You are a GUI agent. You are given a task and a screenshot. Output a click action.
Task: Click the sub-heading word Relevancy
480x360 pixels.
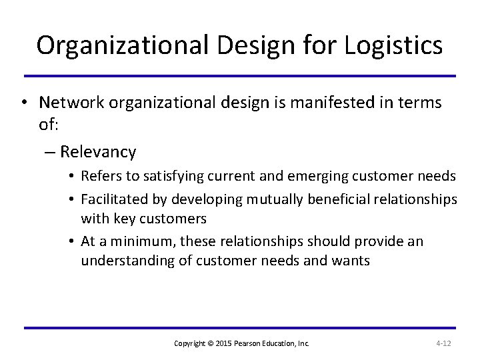(x=97, y=152)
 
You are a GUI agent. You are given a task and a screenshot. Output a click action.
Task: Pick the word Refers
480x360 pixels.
(x=99, y=176)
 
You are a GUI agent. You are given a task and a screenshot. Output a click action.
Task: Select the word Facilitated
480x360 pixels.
(x=111, y=199)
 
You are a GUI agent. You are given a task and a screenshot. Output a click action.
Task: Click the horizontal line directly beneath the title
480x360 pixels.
(x=240, y=75)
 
